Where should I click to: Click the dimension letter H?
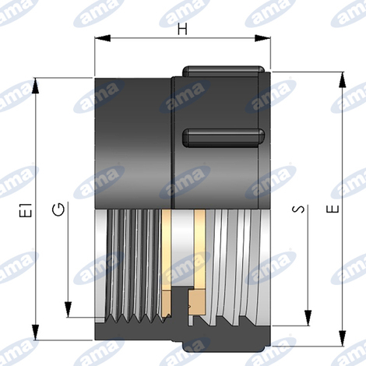pyautogui.click(x=182, y=29)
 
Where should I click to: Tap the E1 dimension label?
pyautogui.click(x=26, y=209)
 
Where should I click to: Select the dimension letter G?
pyautogui.click(x=58, y=209)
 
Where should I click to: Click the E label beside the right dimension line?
pyautogui.click(x=333, y=209)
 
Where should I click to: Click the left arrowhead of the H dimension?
pyautogui.click(x=103, y=38)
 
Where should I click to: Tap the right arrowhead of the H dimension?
pyautogui.click(x=262, y=38)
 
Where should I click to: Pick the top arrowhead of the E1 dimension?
pyautogui.click(x=36, y=86)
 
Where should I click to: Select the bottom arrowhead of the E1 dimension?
pyautogui.click(x=36, y=332)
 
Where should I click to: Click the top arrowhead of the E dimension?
pyautogui.click(x=343, y=80)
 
